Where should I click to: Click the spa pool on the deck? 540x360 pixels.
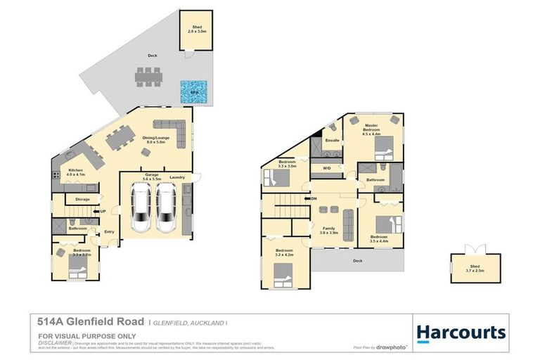coord(193,91)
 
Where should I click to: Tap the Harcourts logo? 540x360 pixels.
coord(461,332)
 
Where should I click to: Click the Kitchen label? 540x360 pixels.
coord(76,172)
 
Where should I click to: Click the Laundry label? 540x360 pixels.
coord(177,177)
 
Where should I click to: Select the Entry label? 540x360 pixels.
coord(109,232)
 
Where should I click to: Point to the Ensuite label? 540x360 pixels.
coord(333,141)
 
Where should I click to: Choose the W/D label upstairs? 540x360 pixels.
coord(327,169)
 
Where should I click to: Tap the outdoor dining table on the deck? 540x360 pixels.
coord(148,77)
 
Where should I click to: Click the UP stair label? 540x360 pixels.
coord(103,212)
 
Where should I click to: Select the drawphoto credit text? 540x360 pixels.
coord(391,347)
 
